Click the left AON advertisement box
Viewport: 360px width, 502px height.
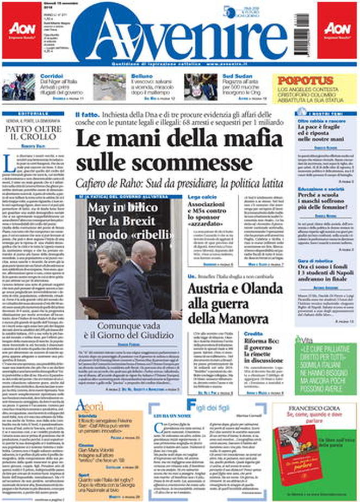(x=21, y=30)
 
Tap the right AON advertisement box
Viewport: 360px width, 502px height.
(x=337, y=30)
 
